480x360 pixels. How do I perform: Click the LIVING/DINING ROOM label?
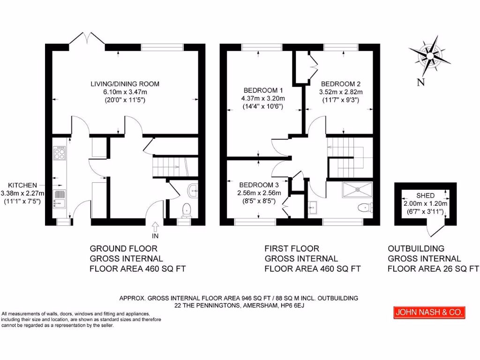click(125, 84)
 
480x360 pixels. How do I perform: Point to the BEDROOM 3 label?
click(259, 185)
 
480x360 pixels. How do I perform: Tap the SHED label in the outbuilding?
click(425, 195)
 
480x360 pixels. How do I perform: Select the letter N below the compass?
click(420, 83)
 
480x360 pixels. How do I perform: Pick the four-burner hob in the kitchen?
click(60, 154)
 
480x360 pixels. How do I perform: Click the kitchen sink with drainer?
click(60, 198)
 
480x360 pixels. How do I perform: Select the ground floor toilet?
click(187, 210)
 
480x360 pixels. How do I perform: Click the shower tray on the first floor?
click(358, 189)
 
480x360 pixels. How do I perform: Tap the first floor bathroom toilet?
click(364, 207)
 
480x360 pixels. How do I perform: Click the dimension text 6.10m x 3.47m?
click(125, 92)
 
